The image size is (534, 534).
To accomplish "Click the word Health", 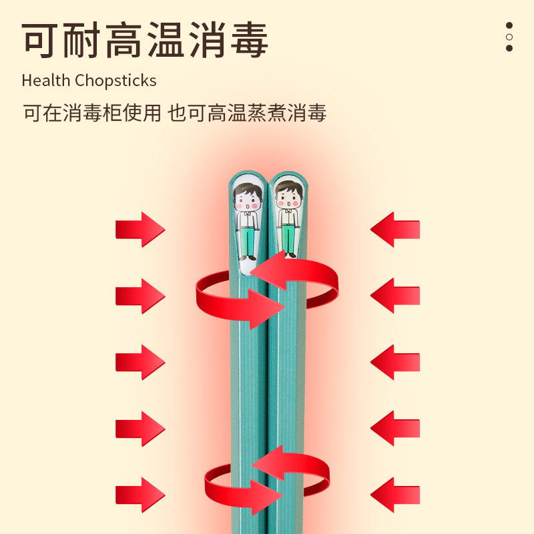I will [46, 81].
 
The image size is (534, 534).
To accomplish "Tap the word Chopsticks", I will [115, 81].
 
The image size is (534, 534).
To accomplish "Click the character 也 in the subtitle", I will [176, 113].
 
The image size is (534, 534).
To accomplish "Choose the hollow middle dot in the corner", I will [509, 37].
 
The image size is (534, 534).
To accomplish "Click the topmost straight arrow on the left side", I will [140, 229].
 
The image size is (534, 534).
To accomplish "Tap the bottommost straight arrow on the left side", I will [140, 495].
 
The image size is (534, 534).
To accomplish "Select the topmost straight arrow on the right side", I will [395, 229].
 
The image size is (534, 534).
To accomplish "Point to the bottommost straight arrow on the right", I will [395, 495].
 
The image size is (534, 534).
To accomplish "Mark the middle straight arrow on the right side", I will [395, 362].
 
